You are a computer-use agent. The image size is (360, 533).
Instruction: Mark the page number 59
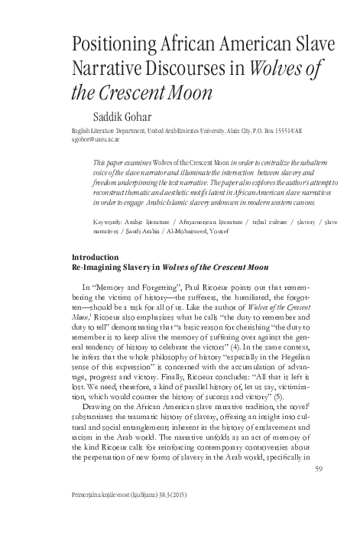[319, 488]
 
